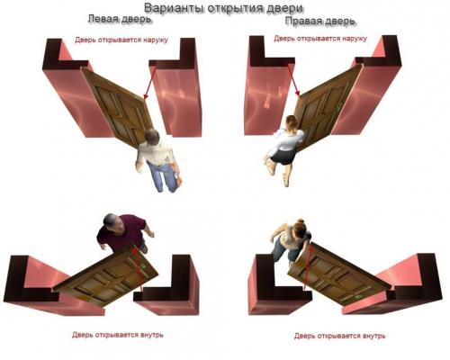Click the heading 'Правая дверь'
coord(319,20)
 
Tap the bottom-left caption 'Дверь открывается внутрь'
coord(118,335)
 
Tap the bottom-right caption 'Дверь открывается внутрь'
coord(339,335)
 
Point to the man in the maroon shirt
coord(122,234)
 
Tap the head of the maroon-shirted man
coord(108,221)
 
